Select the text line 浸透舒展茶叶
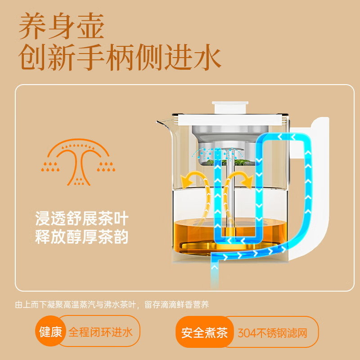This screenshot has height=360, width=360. coord(82,219)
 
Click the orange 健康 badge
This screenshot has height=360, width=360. coord(50,333)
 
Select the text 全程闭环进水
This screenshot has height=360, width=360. coord(100,333)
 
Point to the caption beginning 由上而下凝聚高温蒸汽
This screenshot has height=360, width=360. coord(112,305)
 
